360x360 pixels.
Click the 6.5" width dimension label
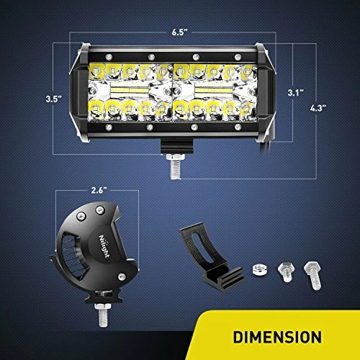179,32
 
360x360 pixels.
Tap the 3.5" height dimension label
54,99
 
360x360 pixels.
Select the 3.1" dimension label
296,93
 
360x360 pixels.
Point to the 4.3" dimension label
318,108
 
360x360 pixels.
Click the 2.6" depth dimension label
99,190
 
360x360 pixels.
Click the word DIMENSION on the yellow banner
277,337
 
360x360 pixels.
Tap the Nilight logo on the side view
104,246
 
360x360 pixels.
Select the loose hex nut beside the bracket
260,269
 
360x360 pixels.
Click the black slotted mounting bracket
211,257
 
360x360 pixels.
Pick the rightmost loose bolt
312,275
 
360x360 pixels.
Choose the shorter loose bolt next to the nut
286,272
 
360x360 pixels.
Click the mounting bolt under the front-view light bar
176,166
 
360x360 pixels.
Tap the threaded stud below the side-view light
103,315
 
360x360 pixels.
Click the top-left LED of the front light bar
96,71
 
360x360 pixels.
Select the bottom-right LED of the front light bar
247,109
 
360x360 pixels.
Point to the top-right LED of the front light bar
248,71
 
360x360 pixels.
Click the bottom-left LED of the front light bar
96,109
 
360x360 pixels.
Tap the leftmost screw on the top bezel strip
109,57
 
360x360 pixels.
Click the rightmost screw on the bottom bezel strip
238,127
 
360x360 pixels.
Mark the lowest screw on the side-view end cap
122,276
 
